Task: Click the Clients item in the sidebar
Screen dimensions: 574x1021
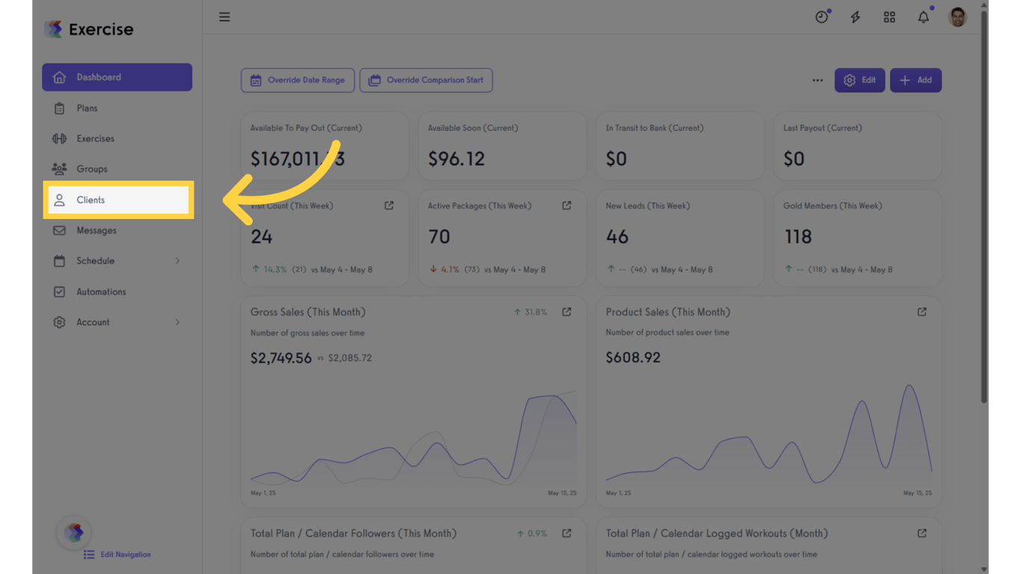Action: (x=90, y=200)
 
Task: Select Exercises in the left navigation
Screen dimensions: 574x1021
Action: (x=95, y=138)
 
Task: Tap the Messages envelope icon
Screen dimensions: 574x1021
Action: (x=59, y=230)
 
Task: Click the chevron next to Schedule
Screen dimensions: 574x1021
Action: (x=177, y=261)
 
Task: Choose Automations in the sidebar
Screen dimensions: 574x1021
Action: (x=101, y=291)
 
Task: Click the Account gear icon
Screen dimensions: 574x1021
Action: (x=59, y=322)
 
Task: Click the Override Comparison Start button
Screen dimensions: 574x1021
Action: (x=426, y=80)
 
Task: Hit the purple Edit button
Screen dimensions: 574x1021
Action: (x=860, y=80)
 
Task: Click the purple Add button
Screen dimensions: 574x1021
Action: (x=916, y=80)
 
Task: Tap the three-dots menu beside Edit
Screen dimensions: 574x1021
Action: (x=818, y=80)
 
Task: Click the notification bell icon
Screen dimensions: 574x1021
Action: (x=924, y=17)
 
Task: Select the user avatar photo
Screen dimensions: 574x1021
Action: (x=957, y=16)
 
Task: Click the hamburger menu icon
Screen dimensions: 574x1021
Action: (x=224, y=16)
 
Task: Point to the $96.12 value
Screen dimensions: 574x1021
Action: (x=456, y=158)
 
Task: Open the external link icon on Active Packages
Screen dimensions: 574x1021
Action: (x=567, y=206)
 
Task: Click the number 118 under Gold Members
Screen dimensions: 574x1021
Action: (x=798, y=237)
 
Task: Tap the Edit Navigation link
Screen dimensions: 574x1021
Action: (x=125, y=555)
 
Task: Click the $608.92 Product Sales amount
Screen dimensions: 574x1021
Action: (x=633, y=357)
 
